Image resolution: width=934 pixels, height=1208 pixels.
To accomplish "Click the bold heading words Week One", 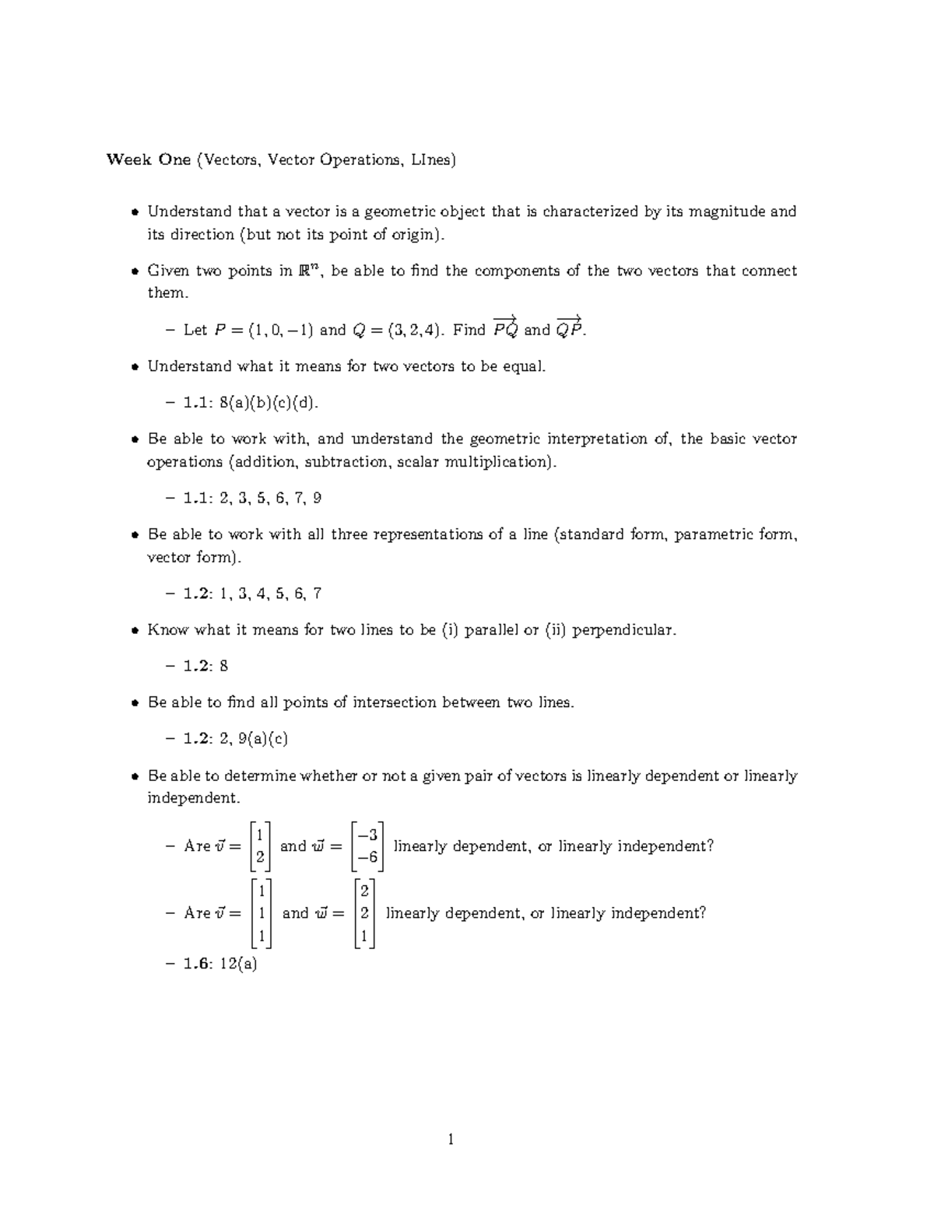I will point(148,160).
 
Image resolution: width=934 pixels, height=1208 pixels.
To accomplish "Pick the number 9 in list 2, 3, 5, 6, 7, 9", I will point(317,499).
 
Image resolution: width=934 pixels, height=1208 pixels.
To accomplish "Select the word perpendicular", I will point(623,630).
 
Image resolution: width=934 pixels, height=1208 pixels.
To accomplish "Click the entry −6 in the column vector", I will point(367,857).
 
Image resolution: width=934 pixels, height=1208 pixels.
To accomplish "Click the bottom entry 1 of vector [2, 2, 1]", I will point(363,937).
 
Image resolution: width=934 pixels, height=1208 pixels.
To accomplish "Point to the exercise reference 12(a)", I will point(238,965).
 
